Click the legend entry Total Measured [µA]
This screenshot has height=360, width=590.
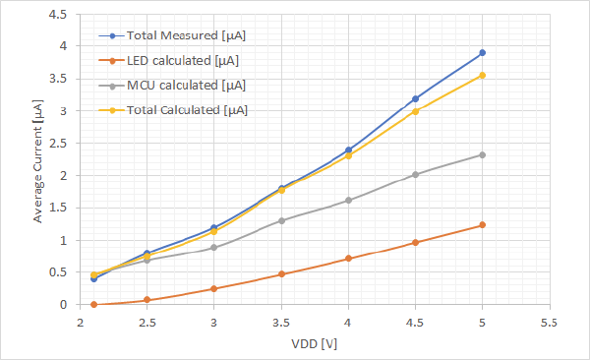tap(185, 35)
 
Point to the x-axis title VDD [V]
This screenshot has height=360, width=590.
tap(315, 343)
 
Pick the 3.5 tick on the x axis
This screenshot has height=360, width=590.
tap(281, 322)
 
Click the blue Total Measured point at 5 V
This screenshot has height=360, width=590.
tap(482, 53)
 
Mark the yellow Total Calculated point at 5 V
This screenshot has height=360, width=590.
tap(482, 75)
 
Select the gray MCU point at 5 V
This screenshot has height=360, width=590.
tap(482, 154)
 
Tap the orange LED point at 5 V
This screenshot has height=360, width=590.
tap(482, 225)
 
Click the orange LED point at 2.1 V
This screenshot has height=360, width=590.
tap(93, 305)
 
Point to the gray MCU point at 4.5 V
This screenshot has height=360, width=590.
tap(415, 174)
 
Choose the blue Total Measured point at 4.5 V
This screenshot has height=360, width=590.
tap(415, 98)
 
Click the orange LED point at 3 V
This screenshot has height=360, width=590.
tap(214, 289)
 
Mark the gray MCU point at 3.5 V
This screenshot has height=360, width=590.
tap(281, 220)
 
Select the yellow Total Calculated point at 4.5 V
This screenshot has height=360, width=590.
tap(415, 111)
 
